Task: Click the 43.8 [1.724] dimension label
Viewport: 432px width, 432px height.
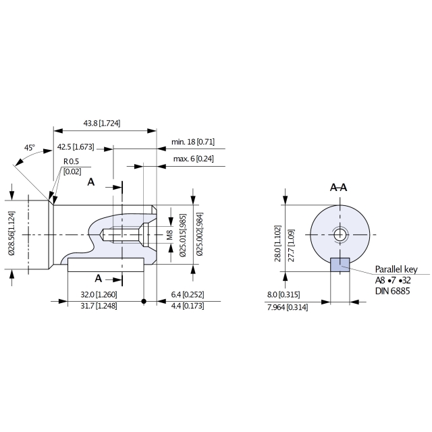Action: click(102, 123)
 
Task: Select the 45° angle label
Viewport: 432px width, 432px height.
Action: click(30, 148)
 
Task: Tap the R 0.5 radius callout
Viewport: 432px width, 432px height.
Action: click(71, 161)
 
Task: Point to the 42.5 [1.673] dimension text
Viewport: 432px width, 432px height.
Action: click(76, 147)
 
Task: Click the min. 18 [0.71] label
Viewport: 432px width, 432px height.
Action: click(193, 142)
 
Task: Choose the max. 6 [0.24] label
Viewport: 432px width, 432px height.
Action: click(194, 159)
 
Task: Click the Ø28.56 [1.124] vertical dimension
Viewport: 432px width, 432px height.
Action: click(11, 233)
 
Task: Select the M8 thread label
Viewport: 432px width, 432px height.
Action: click(169, 235)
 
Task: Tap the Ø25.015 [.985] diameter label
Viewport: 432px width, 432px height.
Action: click(183, 236)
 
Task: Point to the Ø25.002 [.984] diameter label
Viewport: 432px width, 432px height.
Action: click(200, 234)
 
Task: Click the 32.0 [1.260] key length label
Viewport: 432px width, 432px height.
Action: click(99, 294)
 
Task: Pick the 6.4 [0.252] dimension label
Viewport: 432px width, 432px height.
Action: click(188, 294)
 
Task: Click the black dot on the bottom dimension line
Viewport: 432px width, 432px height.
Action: click(144, 301)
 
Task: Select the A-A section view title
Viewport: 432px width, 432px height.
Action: click(339, 188)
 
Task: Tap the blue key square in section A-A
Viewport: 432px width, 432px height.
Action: click(340, 265)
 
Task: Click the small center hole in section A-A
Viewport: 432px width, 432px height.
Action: click(340, 235)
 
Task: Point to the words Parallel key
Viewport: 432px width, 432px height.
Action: click(396, 269)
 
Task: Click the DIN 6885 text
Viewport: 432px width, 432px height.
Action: click(392, 291)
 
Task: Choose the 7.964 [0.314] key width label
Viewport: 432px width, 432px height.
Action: click(288, 307)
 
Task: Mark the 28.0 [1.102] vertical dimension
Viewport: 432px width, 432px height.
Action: click(277, 244)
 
